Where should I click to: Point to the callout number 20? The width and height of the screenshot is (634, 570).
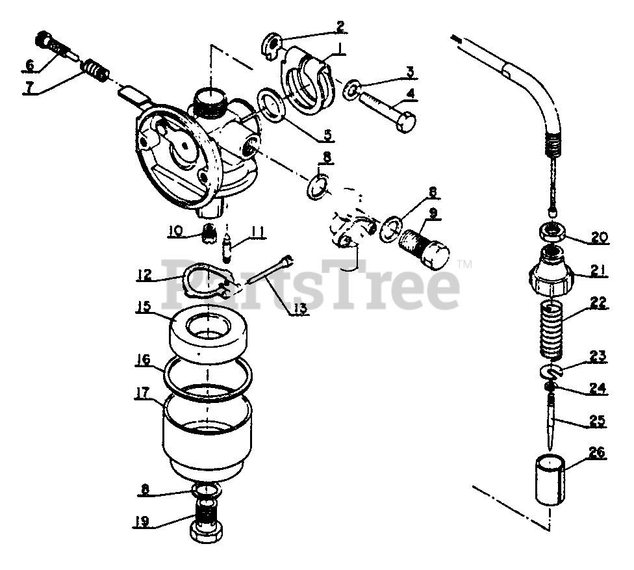[598, 238]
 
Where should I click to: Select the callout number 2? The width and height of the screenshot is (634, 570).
[339, 27]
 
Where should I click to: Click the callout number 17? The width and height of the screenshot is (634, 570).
[142, 393]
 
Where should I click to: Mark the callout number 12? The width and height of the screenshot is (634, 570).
[144, 276]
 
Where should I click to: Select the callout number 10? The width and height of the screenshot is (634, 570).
[175, 229]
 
